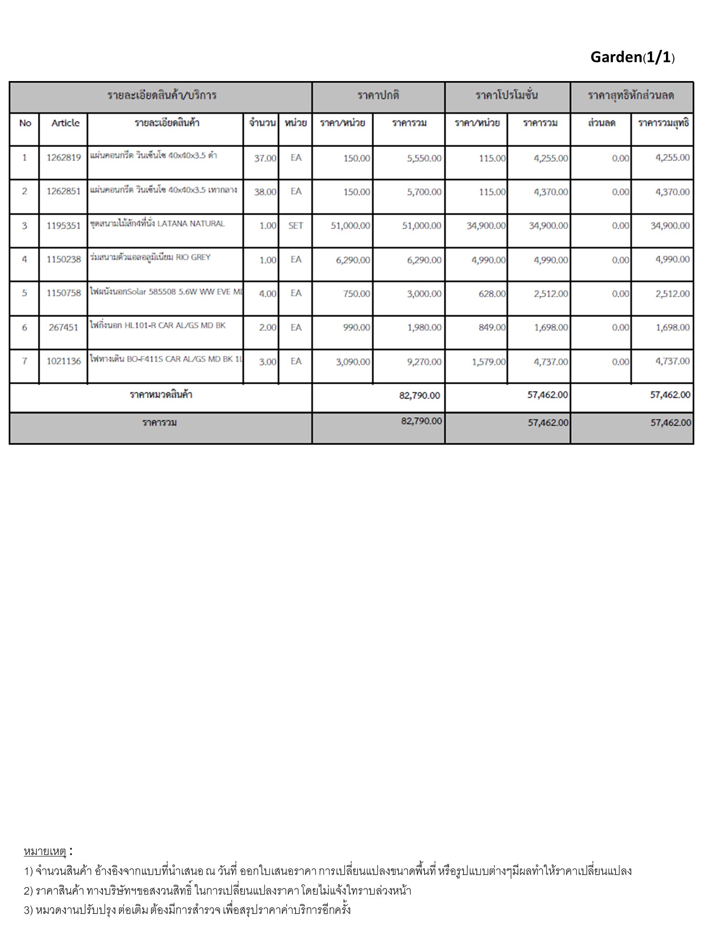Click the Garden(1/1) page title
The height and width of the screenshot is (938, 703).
632,57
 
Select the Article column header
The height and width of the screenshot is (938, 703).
65,123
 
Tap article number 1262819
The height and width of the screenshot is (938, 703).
64,158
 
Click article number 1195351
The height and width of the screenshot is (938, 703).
64,225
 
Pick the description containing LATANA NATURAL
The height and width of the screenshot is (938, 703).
157,224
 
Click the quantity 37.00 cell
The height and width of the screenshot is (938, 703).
265,158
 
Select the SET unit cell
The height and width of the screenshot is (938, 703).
296,225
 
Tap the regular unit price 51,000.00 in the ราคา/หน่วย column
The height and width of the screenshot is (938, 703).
350,226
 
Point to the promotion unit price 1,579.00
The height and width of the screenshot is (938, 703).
489,362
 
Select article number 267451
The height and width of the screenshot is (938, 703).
64,327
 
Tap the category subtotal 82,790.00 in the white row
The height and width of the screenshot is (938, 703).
419,395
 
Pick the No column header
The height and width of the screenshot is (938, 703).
25,123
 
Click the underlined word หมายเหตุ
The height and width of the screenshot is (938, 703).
45,851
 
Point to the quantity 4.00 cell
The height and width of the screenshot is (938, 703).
267,294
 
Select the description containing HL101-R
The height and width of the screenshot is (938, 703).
158,326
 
